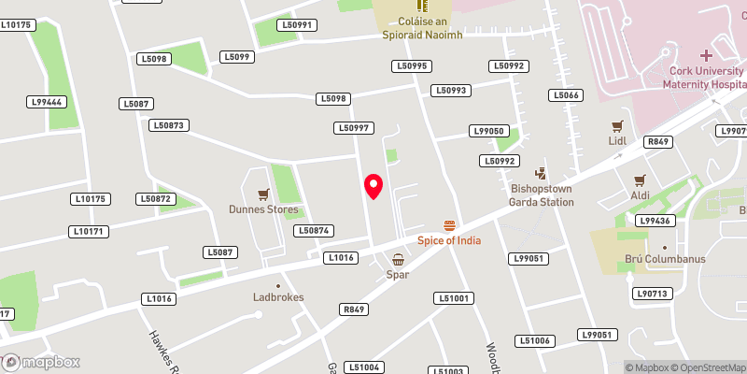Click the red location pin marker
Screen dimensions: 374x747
coord(373,186)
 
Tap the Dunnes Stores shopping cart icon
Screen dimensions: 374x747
coord(264,194)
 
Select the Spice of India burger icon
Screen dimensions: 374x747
coord(450,225)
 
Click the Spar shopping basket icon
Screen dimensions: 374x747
coord(399,259)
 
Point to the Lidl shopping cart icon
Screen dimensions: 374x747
coord(616,126)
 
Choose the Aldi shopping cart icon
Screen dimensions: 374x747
coord(641,180)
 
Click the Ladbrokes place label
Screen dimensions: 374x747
coord(278,297)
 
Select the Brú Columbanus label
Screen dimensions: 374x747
coord(665,259)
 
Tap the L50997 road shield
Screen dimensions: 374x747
coord(355,128)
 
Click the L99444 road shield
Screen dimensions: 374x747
coord(46,102)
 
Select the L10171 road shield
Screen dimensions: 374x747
coord(91,231)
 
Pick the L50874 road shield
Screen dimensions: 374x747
coord(314,231)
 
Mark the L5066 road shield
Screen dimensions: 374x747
coord(566,95)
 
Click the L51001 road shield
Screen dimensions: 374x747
coord(454,298)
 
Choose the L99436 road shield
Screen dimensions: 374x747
coord(655,221)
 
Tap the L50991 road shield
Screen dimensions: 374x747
coord(300,24)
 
